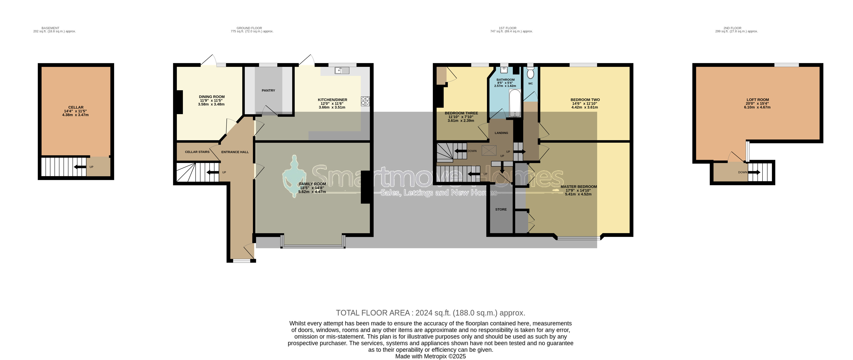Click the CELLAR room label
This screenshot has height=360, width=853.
tap(76, 107)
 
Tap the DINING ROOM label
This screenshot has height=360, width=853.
tap(212, 97)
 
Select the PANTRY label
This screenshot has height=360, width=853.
tap(268, 90)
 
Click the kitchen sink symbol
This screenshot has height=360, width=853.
tap(342, 70)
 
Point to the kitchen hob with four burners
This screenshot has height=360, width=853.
tap(365, 101)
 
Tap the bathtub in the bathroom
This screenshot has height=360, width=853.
tap(515, 103)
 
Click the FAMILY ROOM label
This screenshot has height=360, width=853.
tap(312, 184)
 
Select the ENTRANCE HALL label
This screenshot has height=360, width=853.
tap(235, 152)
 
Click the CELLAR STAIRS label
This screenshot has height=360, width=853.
tap(197, 152)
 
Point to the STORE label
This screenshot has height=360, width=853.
tap(501, 209)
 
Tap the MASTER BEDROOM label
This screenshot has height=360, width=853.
tap(578, 187)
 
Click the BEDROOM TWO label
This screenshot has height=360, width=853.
tap(585, 100)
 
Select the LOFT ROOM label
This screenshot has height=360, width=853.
tap(758, 100)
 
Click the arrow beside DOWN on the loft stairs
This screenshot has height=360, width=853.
tap(754, 172)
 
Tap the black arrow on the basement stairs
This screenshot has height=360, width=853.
tap(80, 167)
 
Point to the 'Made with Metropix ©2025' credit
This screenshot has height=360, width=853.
tap(431, 356)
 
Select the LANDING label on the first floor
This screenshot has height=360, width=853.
tap(501, 133)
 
